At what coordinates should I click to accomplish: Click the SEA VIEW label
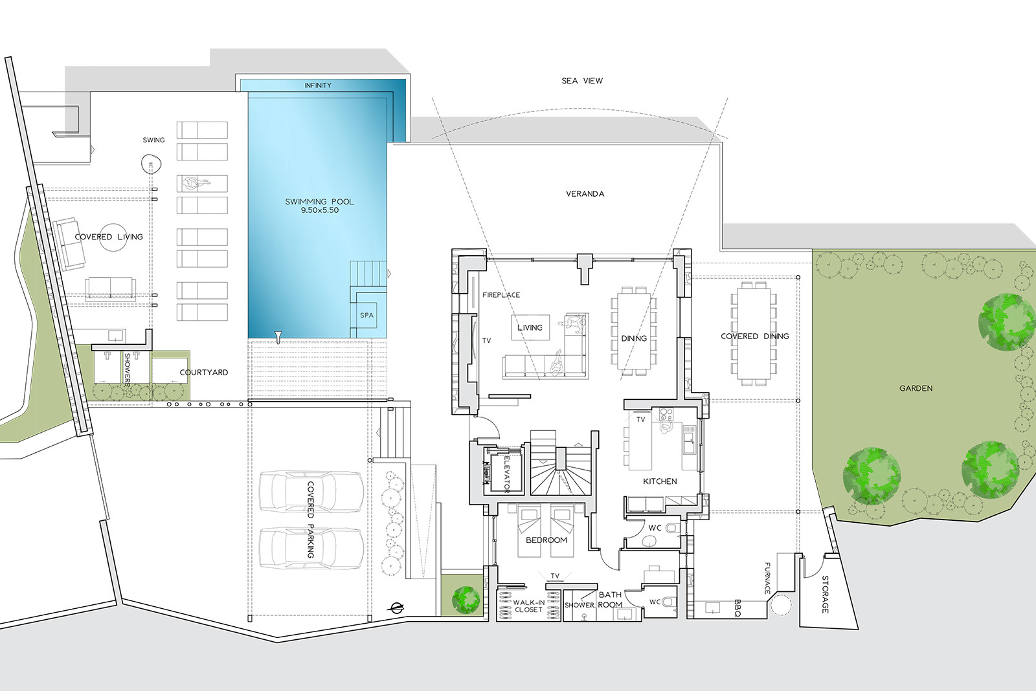pos(582,81)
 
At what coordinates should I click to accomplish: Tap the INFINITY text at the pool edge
pos(318,85)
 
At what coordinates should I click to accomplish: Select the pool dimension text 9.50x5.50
pos(320,210)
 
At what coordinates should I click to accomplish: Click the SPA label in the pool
pos(366,315)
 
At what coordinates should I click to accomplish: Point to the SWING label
pos(153,140)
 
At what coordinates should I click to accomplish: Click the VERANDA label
pos(585,193)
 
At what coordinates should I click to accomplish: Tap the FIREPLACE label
pos(501,295)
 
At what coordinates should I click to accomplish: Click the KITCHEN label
pos(660,481)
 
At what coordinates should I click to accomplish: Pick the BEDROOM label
pos(546,540)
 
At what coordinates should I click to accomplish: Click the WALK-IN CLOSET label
pos(528,606)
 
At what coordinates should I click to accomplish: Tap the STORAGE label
pos(825,595)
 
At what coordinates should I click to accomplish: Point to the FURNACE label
pos(767,578)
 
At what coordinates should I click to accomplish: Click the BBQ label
pos(738,608)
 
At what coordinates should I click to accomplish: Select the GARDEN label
pos(916,388)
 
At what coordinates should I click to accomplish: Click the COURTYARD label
pos(203,373)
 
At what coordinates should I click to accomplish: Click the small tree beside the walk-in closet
pos(466,600)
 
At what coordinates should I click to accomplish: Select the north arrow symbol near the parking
pos(397,608)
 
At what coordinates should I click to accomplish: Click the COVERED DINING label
pos(755,336)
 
